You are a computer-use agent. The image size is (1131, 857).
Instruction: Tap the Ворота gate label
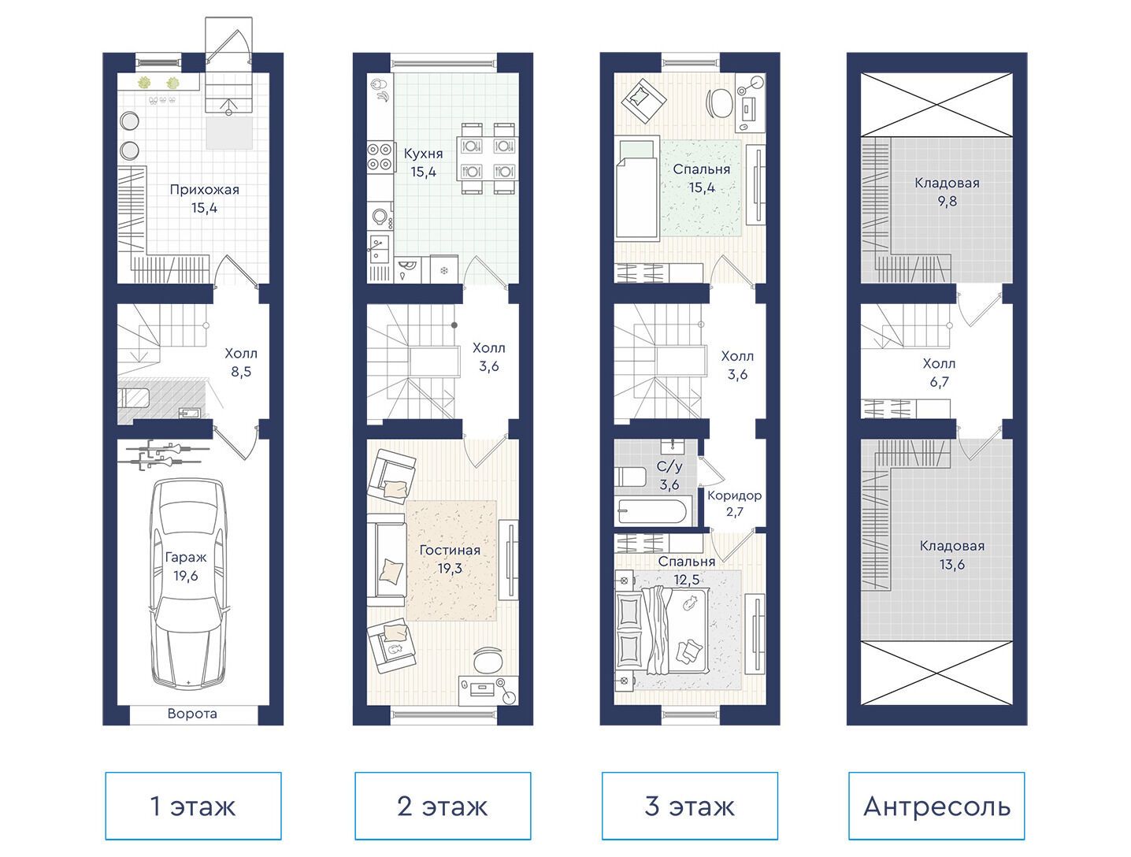tap(192, 714)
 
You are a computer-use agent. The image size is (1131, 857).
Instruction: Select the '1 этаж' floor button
tap(193, 807)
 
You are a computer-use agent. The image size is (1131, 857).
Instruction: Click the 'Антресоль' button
tap(936, 807)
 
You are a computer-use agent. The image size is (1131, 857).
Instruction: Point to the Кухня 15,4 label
tap(424, 162)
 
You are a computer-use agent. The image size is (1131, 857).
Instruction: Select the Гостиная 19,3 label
tap(450, 559)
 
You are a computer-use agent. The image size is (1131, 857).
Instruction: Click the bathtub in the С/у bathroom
tap(653, 512)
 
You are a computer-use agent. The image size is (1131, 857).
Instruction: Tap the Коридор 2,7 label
tap(734, 503)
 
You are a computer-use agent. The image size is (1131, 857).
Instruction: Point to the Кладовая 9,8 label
tap(947, 191)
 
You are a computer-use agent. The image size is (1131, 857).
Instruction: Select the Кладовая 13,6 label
tap(952, 555)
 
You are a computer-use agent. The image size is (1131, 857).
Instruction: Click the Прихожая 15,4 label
tap(205, 198)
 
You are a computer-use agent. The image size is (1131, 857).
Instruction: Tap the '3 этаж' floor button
tap(689, 807)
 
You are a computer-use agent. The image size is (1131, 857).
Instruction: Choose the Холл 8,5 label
tap(241, 362)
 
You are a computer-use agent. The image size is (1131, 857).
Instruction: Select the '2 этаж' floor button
tap(443, 807)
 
